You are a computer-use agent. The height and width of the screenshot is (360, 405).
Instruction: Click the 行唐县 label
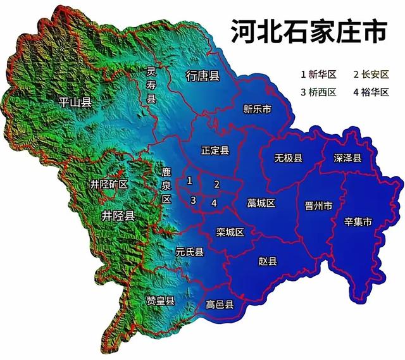[202, 77]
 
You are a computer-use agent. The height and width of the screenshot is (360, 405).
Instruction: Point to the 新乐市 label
[257, 109]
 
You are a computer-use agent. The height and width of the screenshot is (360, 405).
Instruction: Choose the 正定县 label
[215, 150]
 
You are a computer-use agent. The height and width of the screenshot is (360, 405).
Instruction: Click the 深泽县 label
[347, 158]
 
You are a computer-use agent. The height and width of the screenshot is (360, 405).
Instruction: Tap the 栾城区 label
[230, 232]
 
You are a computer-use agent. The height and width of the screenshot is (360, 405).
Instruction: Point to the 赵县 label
[268, 261]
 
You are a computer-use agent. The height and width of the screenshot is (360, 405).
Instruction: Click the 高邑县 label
[220, 305]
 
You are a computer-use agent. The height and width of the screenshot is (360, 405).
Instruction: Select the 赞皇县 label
[161, 299]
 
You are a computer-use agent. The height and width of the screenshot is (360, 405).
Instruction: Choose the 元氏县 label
[189, 252]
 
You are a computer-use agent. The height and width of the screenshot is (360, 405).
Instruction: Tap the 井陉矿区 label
[109, 185]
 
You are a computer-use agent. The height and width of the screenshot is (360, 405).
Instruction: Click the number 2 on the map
[216, 184]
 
